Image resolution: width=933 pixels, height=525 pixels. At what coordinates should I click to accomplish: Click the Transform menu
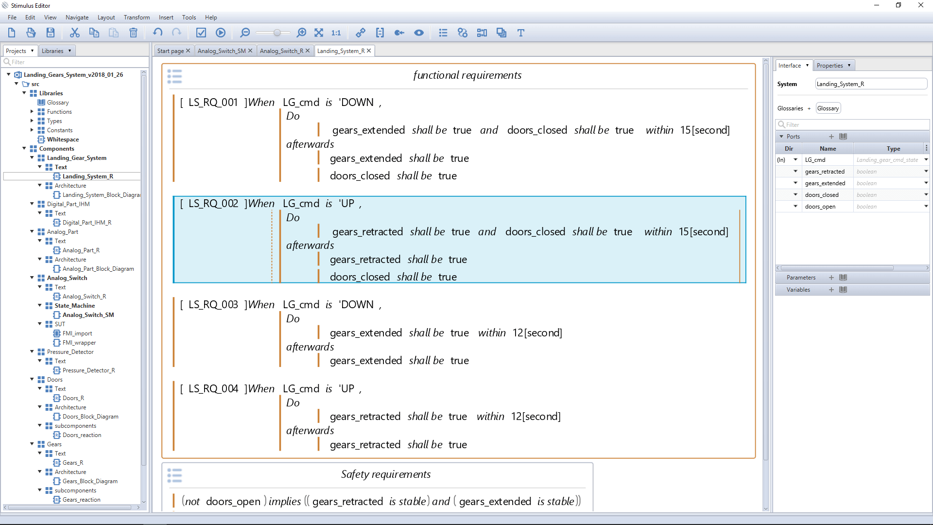click(x=137, y=17)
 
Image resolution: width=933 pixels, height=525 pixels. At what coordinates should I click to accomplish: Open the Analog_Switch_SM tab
click(x=222, y=51)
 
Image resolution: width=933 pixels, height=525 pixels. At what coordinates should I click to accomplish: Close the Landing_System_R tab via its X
click(x=369, y=51)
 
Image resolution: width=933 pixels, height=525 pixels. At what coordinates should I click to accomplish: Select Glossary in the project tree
click(x=58, y=103)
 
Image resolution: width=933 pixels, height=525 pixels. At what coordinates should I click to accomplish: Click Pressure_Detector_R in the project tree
click(x=88, y=370)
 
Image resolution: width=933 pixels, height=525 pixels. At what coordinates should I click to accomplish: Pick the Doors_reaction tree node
click(x=82, y=435)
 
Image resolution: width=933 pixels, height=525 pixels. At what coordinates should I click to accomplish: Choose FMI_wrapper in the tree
click(x=79, y=343)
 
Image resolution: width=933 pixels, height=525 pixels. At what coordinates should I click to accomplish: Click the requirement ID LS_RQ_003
click(x=213, y=305)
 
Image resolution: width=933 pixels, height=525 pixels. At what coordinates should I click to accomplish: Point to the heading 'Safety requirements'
click(x=386, y=474)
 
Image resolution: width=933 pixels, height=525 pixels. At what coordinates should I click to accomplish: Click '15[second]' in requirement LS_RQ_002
click(x=703, y=232)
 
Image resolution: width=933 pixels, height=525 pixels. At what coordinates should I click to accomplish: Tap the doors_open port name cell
click(x=820, y=207)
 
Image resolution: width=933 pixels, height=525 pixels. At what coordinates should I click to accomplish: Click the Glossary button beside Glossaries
click(x=828, y=108)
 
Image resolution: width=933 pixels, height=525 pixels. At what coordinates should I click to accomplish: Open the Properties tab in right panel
click(x=833, y=66)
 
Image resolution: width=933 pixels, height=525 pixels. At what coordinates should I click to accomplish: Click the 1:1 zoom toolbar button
click(x=336, y=33)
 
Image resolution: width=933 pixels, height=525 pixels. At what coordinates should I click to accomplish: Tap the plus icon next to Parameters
click(x=831, y=278)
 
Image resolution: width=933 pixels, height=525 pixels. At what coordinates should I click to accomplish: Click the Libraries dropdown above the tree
click(x=56, y=51)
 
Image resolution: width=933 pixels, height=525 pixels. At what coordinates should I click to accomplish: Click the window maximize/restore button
click(x=898, y=5)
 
